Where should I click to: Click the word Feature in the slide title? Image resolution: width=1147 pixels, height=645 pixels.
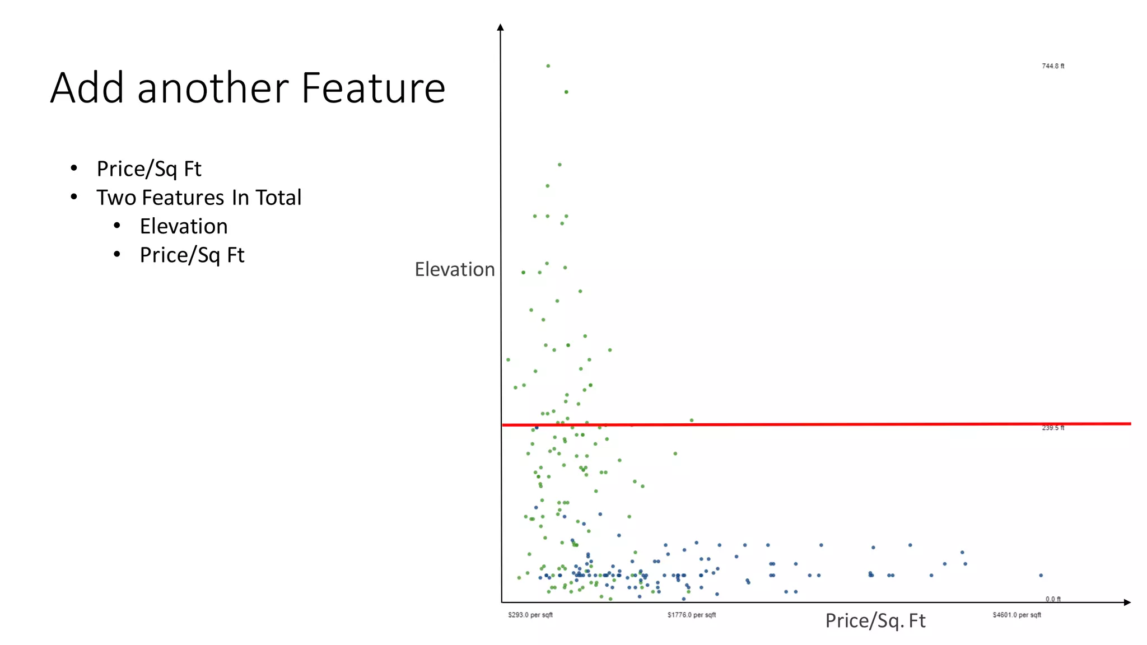373,88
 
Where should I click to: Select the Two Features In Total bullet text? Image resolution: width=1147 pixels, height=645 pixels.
199,198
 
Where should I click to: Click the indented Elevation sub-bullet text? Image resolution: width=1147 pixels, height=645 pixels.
184,226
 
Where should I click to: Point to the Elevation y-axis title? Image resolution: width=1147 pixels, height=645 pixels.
455,269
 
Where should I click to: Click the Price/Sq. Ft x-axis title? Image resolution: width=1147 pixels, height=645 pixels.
875,620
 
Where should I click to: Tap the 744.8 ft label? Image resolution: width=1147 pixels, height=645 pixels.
1053,66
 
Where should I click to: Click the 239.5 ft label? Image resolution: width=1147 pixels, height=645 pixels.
1053,428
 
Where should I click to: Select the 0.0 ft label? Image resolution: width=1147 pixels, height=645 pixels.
1053,599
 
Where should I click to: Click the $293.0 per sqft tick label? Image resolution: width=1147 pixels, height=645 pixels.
530,615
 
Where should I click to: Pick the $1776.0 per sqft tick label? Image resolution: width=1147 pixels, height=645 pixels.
692,615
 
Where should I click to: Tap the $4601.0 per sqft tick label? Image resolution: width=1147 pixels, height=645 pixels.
1017,615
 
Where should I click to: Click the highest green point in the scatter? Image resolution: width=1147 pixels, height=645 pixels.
548,66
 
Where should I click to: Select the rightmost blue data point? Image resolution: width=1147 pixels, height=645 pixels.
1041,575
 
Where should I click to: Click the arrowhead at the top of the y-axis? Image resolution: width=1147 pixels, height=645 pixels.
501,27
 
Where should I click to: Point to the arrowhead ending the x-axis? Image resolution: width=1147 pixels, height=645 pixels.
1127,602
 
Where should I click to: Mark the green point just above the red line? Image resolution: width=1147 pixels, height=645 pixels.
692,420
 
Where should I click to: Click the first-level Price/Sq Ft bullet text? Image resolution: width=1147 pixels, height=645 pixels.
149,169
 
